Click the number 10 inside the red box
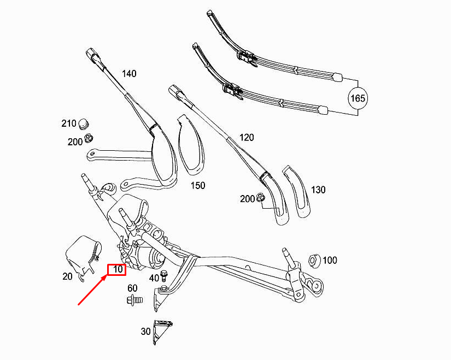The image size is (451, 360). coord(116,269)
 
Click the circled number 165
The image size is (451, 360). coord(358,98)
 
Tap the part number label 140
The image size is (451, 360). coord(128,74)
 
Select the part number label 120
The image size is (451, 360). coord(247,138)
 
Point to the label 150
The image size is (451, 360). coord(197,186)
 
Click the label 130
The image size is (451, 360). coord(318,190)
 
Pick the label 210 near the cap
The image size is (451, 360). coord(68,124)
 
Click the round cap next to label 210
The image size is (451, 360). coord(84,122)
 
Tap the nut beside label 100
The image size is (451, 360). coord(314,259)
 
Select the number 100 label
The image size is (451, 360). coord(330,261)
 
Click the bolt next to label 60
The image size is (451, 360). coord(134,299)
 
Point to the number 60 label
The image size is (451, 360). coord(132,288)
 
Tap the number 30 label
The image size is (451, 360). coord(145,332)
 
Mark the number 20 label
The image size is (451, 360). coord(67,276)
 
